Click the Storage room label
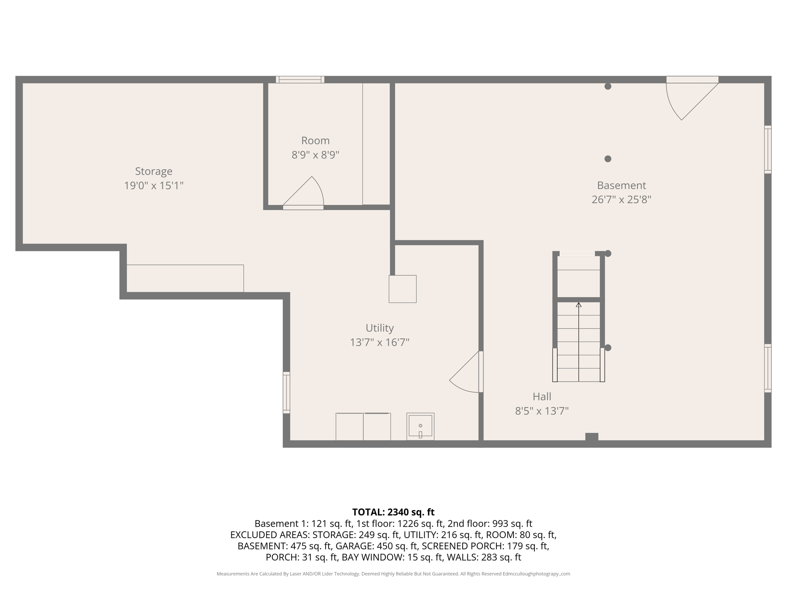click(x=153, y=171)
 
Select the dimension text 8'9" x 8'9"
click(x=315, y=155)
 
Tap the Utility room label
click(x=379, y=328)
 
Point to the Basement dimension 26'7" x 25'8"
click(x=621, y=200)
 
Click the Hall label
click(x=541, y=396)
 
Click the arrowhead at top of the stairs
click(x=578, y=305)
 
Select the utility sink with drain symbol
click(x=420, y=426)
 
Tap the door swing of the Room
click(x=307, y=192)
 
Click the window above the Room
click(x=300, y=80)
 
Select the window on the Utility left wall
click(x=286, y=393)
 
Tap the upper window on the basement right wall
click(x=767, y=149)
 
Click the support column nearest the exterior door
click(x=608, y=86)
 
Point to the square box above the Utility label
click(x=402, y=289)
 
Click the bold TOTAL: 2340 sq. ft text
click(x=393, y=512)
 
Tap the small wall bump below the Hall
click(x=591, y=437)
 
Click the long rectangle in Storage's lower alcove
click(x=185, y=278)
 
